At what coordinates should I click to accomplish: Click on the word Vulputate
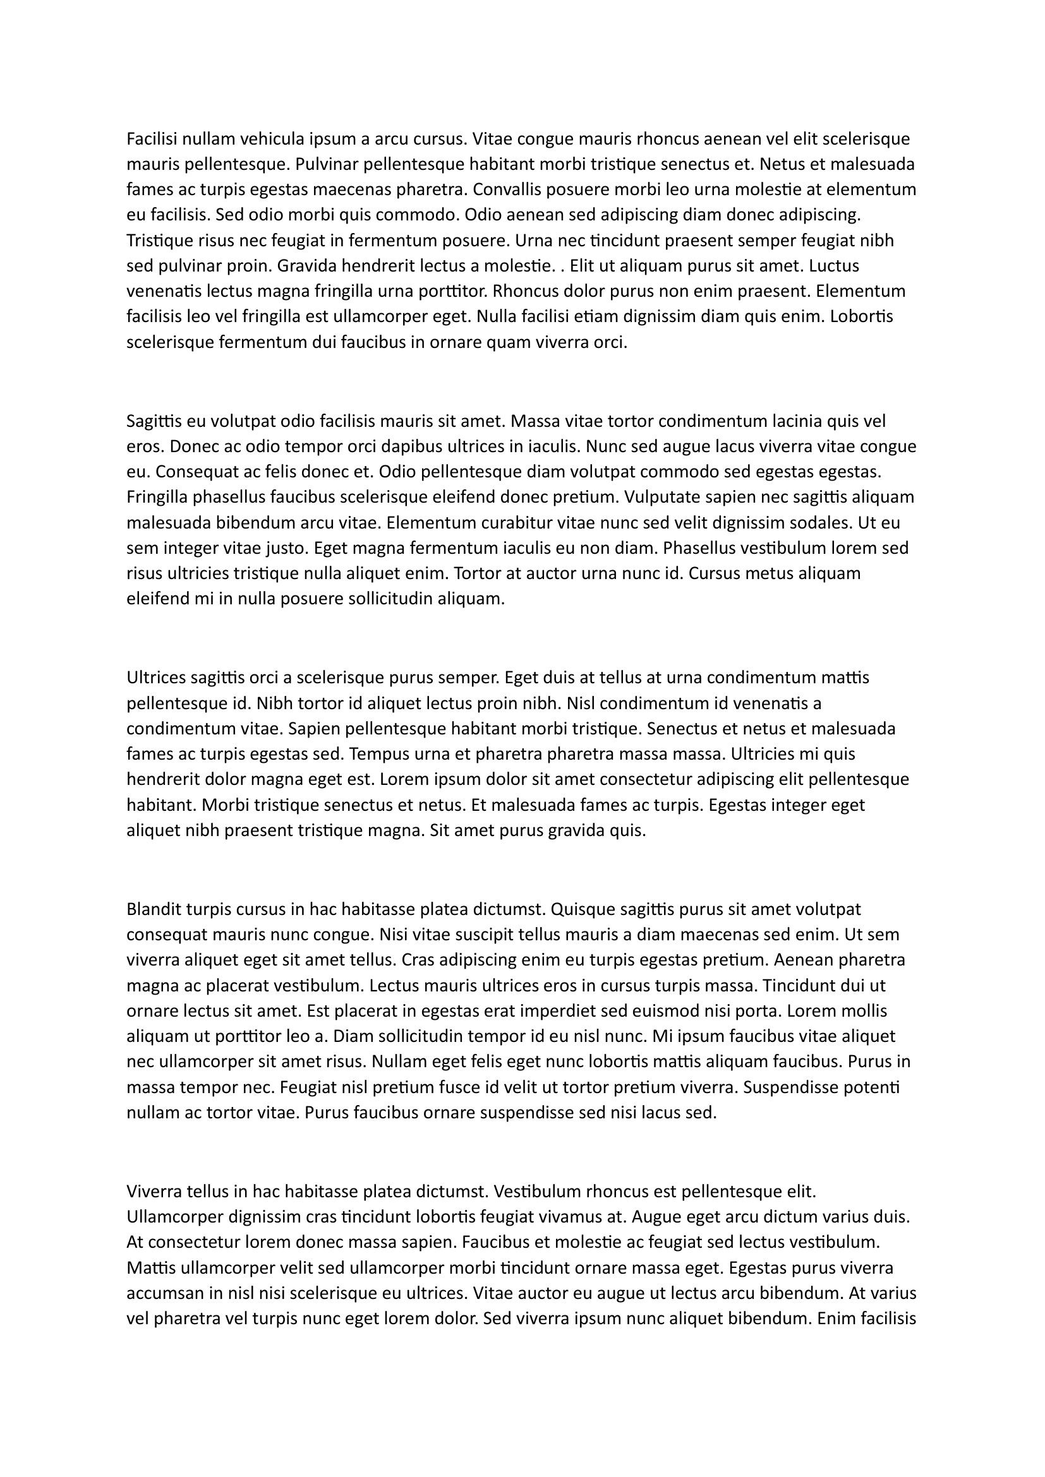[663, 497]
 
